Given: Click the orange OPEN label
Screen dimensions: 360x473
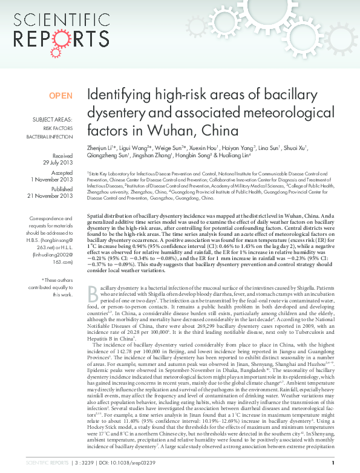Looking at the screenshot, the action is (x=61, y=96).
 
